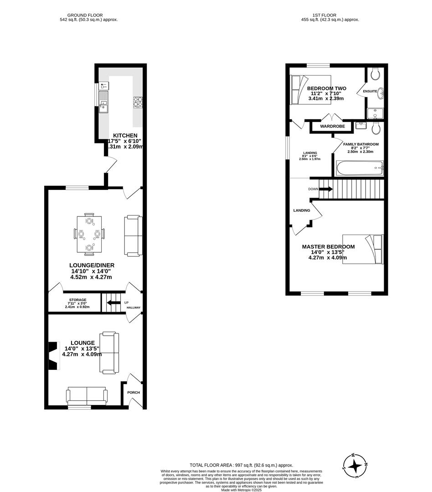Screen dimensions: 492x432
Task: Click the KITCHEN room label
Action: tap(125, 135)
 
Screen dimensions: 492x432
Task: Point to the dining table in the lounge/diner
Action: tap(89, 234)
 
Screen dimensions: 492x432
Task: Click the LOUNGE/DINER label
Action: tap(92, 265)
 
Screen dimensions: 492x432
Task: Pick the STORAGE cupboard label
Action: tap(77, 300)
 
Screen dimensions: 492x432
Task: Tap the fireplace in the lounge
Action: tap(53, 355)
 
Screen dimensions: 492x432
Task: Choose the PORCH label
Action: tap(134, 393)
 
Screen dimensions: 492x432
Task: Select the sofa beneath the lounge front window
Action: tap(87, 395)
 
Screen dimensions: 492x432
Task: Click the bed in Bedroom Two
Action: tap(310, 89)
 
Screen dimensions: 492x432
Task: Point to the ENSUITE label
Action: tap(370, 92)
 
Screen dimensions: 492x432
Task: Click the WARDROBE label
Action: tap(332, 126)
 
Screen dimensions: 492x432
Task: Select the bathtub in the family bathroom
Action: tap(360, 168)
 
